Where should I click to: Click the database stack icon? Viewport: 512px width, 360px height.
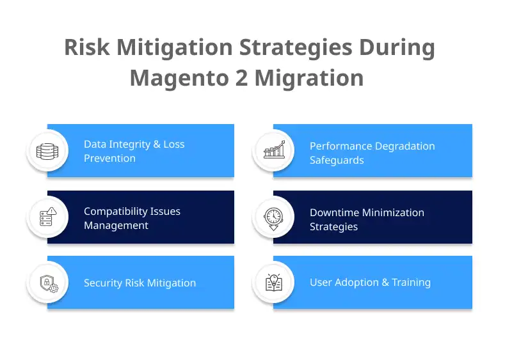(47, 151)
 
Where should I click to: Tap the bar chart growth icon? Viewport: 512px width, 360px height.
(273, 151)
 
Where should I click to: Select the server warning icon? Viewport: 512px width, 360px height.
(47, 217)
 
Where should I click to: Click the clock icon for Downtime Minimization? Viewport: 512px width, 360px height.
(273, 217)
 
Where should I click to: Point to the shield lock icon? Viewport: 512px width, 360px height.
(47, 283)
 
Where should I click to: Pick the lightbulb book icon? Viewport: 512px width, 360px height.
(273, 283)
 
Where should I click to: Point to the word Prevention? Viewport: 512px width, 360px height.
(109, 159)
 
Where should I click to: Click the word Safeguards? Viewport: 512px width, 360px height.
(337, 160)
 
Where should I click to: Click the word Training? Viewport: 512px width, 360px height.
(411, 283)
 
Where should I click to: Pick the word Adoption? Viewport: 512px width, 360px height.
(360, 283)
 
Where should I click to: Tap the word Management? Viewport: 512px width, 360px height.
(116, 226)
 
